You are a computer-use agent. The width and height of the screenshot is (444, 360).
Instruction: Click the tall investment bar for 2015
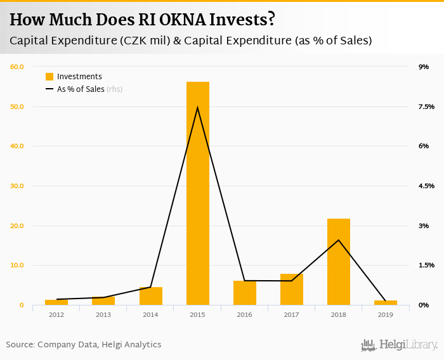pyautogui.click(x=198, y=193)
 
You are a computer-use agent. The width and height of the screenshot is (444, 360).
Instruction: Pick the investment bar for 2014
pyautogui.click(x=151, y=296)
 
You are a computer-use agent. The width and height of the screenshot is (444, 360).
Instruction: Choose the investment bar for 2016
pyautogui.click(x=245, y=293)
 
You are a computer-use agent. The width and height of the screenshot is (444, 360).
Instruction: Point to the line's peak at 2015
pyautogui.click(x=198, y=107)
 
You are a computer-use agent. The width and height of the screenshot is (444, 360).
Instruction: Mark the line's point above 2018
pyautogui.click(x=339, y=240)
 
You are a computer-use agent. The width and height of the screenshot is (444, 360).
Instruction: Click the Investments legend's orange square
pyautogui.click(x=49, y=77)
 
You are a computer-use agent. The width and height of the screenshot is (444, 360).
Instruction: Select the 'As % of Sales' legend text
pyautogui.click(x=81, y=89)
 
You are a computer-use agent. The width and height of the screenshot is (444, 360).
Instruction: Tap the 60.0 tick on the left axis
pyautogui.click(x=16, y=67)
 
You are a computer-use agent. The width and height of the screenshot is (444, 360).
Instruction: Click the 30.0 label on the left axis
pyautogui.click(x=16, y=186)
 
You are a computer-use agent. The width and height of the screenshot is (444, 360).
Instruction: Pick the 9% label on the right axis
pyautogui.click(x=423, y=67)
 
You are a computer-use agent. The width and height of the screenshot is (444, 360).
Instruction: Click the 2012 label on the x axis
pyautogui.click(x=56, y=314)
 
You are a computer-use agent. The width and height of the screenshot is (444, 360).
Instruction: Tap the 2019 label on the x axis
pyautogui.click(x=385, y=314)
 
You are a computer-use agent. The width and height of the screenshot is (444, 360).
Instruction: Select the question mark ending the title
pyautogui.click(x=271, y=20)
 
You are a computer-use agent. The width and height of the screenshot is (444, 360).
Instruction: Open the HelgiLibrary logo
pyautogui.click(x=400, y=345)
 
